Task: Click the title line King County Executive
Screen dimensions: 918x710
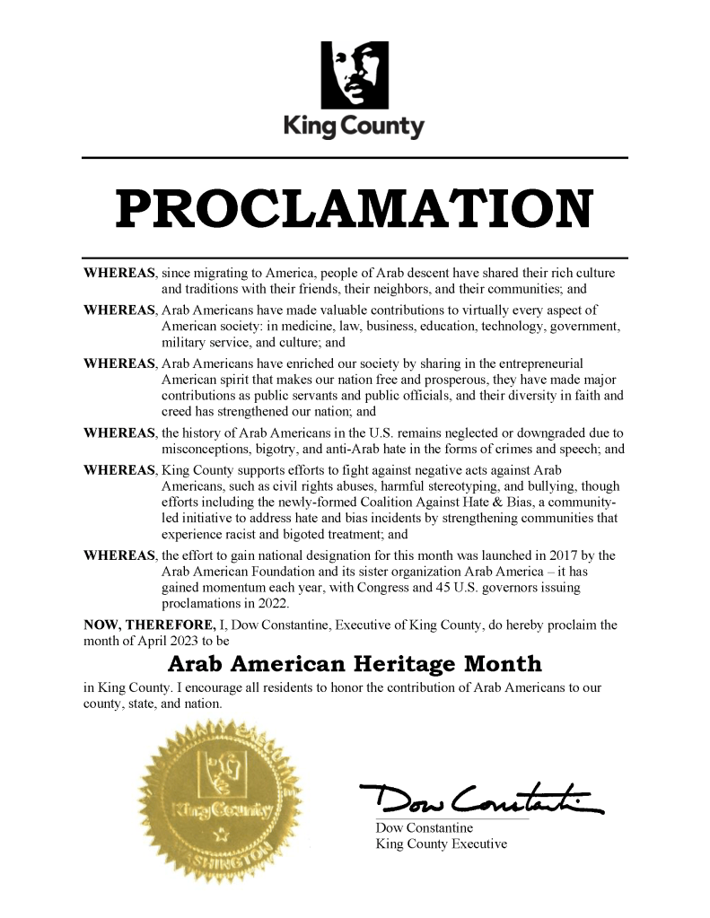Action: click(441, 844)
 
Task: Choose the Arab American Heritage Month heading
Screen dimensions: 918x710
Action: click(355, 665)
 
